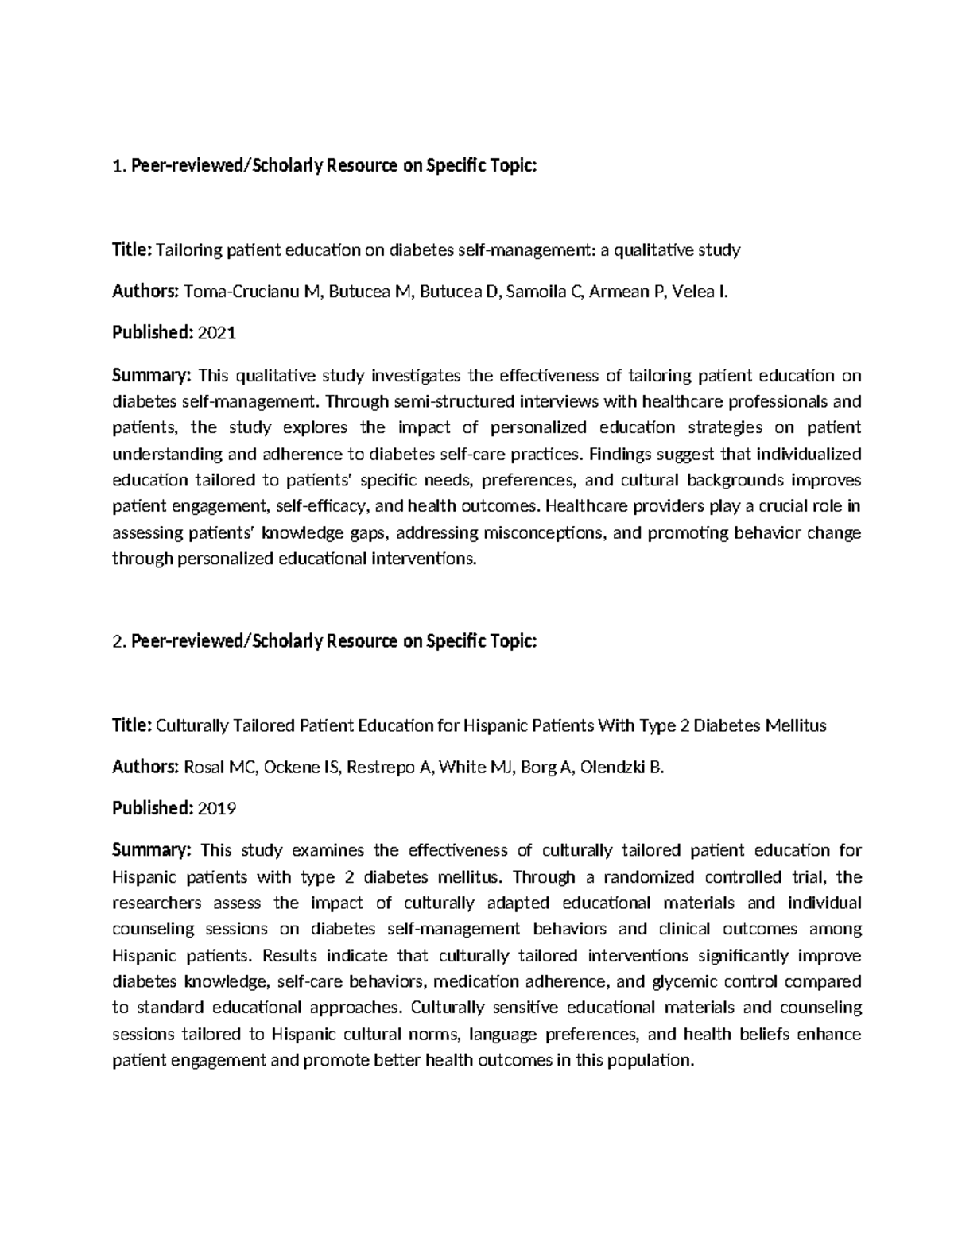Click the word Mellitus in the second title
pos(797,726)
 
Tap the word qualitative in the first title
pos(653,251)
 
